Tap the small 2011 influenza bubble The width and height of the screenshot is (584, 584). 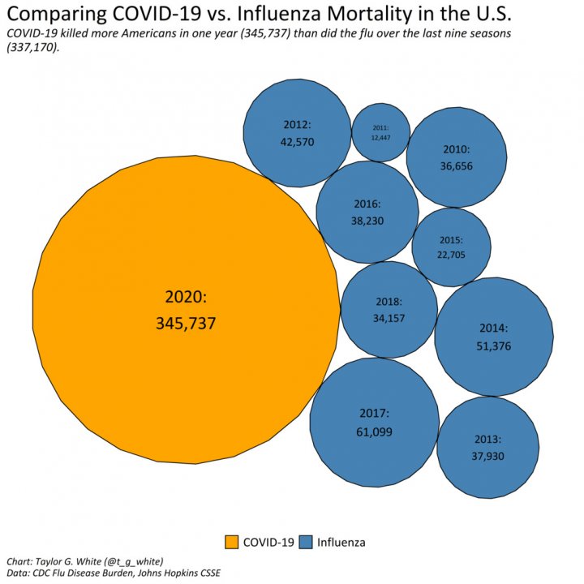[x=380, y=132]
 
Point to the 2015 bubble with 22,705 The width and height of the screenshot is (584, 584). [x=451, y=247]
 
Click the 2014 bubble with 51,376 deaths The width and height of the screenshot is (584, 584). [x=493, y=336]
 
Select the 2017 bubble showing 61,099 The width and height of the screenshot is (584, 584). [x=374, y=423]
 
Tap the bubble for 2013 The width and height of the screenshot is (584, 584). [x=487, y=447]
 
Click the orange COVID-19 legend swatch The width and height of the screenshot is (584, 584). [x=231, y=542]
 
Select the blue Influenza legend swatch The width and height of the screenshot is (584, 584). [x=306, y=542]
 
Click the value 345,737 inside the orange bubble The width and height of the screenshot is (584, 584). [x=186, y=323]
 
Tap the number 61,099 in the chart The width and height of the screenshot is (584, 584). [x=374, y=432]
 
